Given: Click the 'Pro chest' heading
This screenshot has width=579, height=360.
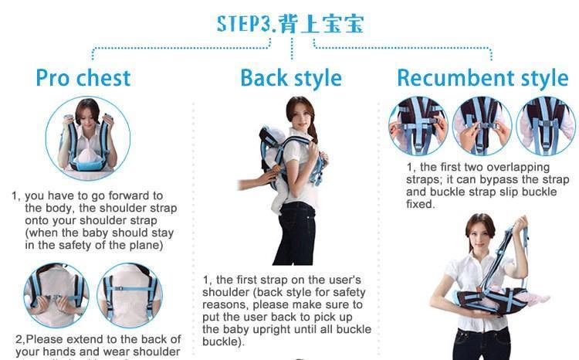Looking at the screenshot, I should (x=83, y=78).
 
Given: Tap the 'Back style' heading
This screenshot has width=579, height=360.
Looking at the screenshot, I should (x=290, y=78).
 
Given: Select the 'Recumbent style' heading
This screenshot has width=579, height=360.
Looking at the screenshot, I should (x=482, y=78).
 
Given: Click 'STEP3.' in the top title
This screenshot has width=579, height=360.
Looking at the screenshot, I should (x=244, y=23).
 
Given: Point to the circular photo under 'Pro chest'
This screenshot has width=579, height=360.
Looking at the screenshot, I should (x=82, y=139).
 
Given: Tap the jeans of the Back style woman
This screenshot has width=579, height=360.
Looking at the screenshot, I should (x=296, y=232).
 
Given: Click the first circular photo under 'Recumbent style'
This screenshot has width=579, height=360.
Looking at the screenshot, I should (x=418, y=126).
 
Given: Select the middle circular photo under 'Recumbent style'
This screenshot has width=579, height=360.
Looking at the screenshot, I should (x=482, y=126).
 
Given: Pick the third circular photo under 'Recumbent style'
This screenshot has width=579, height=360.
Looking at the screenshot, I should (x=545, y=126).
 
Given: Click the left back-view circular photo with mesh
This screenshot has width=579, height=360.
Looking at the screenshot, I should (x=56, y=295).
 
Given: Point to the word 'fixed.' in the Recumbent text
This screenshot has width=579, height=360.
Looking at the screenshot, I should (x=421, y=205).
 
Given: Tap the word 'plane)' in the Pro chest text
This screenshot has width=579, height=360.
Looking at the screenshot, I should (x=144, y=246).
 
